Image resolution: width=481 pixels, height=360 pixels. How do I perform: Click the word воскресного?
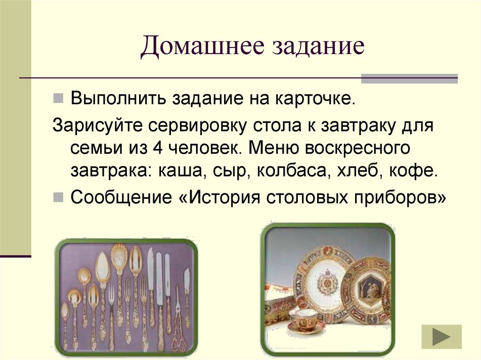[x=358, y=147]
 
